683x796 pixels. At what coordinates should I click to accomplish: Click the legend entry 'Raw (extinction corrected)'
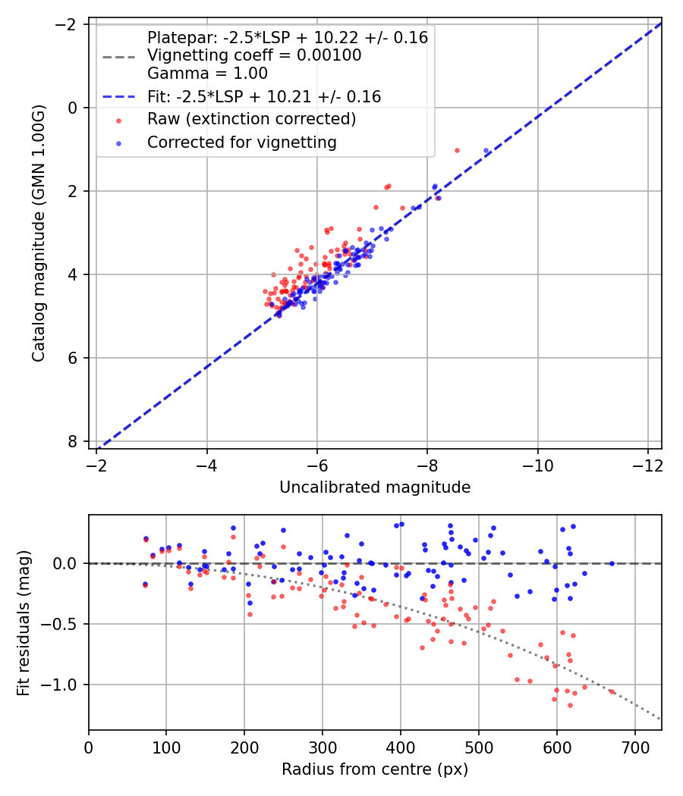(x=251, y=119)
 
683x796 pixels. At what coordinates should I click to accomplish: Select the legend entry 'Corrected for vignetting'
(x=242, y=142)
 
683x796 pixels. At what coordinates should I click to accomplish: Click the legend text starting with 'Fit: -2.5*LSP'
(x=264, y=97)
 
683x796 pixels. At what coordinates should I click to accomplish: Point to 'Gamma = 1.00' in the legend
(x=207, y=74)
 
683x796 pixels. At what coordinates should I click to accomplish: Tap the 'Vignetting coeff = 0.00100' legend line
(x=254, y=55)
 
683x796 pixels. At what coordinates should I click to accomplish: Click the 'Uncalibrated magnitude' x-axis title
(x=375, y=487)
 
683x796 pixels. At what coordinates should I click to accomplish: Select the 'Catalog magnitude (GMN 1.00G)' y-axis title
(x=39, y=233)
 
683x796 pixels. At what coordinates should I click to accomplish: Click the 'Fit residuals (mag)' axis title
(x=24, y=622)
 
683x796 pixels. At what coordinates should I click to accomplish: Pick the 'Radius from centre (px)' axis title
(x=375, y=769)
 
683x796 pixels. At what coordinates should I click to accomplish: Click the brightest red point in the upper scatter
(x=457, y=150)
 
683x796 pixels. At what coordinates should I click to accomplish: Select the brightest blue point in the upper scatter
(x=486, y=151)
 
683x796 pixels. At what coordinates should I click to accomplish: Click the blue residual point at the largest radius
(x=612, y=563)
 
